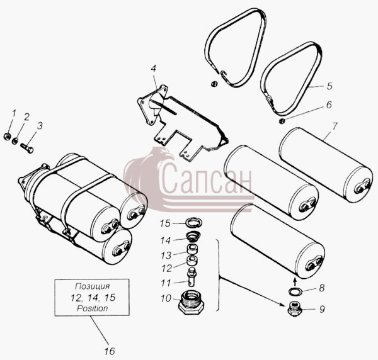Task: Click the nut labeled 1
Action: pyautogui.click(x=7, y=137)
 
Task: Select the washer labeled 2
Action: pyautogui.click(x=15, y=140)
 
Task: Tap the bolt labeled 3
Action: pyautogui.click(x=27, y=148)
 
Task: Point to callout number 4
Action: pyautogui.click(x=154, y=69)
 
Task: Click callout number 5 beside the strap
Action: pyautogui.click(x=329, y=86)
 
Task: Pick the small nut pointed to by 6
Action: pyautogui.click(x=281, y=121)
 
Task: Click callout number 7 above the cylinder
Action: pyautogui.click(x=335, y=126)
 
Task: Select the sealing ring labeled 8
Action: pyautogui.click(x=295, y=291)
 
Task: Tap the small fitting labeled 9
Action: pyautogui.click(x=295, y=310)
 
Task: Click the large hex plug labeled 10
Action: pyautogui.click(x=192, y=301)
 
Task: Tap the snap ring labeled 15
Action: pyautogui.click(x=193, y=222)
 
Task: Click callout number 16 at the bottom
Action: pyautogui.click(x=110, y=351)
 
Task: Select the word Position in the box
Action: pyautogui.click(x=92, y=308)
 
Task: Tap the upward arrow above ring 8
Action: pyautogui.click(x=294, y=281)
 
